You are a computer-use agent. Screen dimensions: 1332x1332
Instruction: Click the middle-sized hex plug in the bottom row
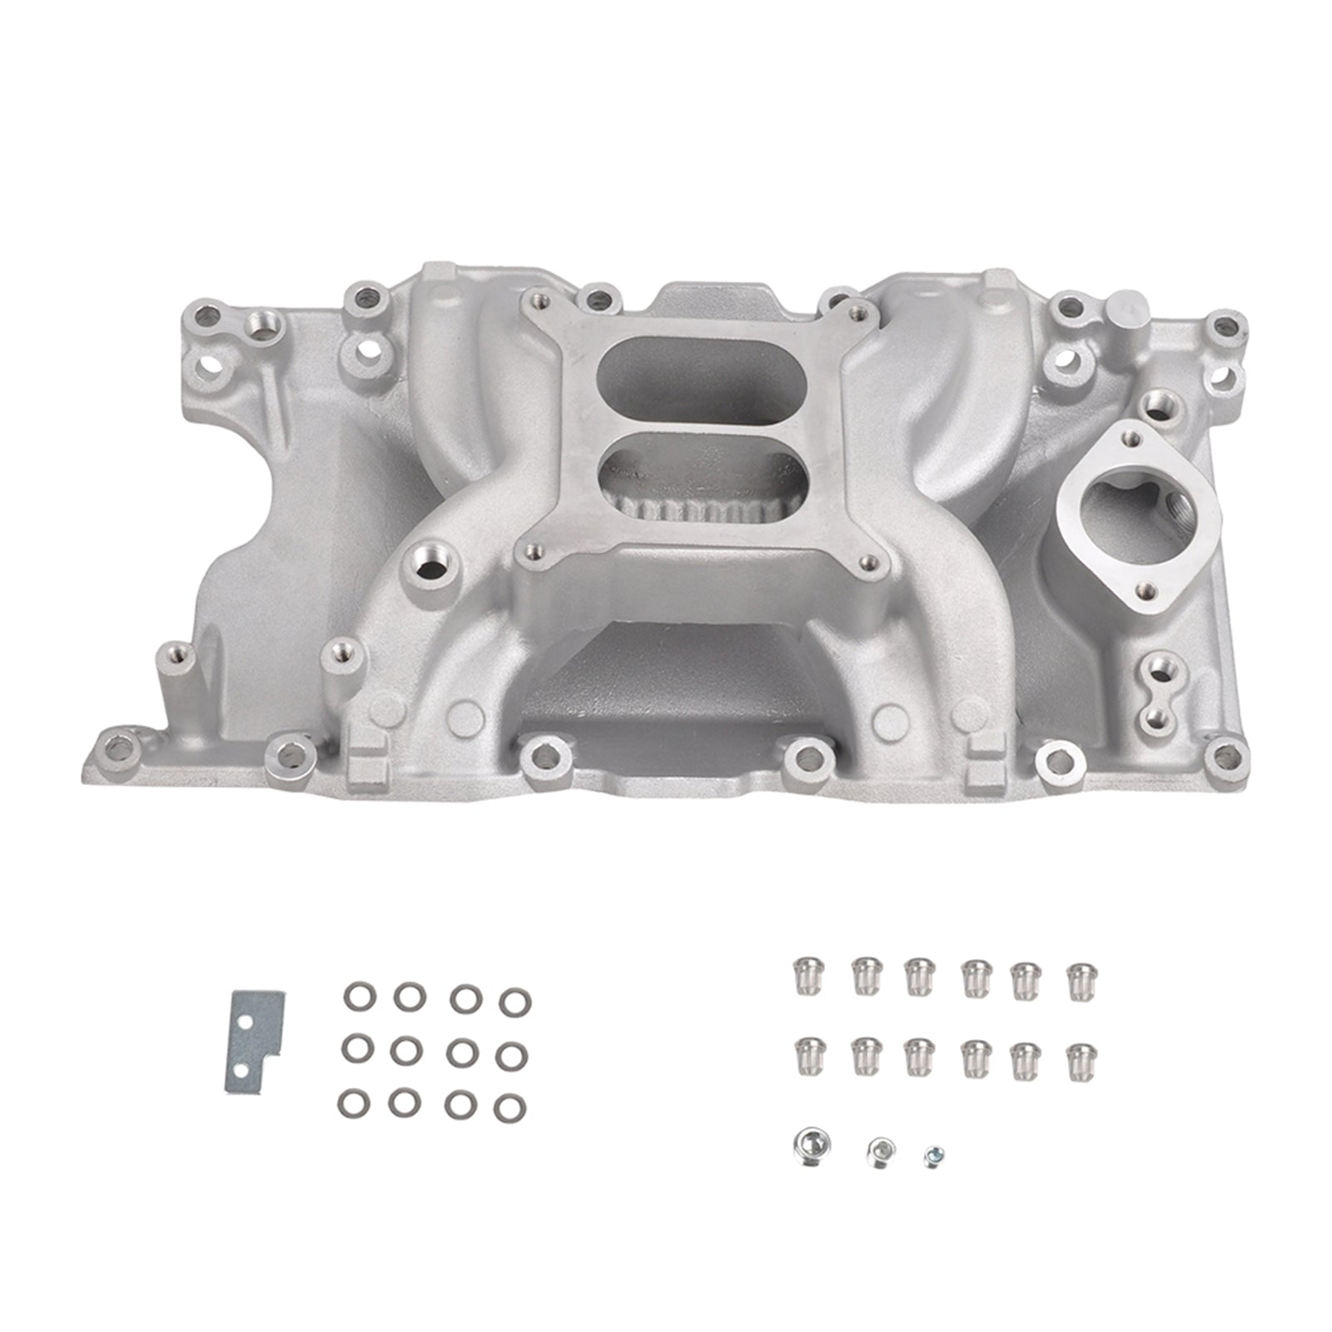tap(880, 1151)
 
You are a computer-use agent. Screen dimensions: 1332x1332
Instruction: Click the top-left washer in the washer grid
tap(357, 996)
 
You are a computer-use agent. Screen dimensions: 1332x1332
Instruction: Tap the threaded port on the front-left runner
tap(430, 569)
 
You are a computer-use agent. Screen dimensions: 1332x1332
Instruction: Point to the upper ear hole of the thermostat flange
tap(1129, 433)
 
